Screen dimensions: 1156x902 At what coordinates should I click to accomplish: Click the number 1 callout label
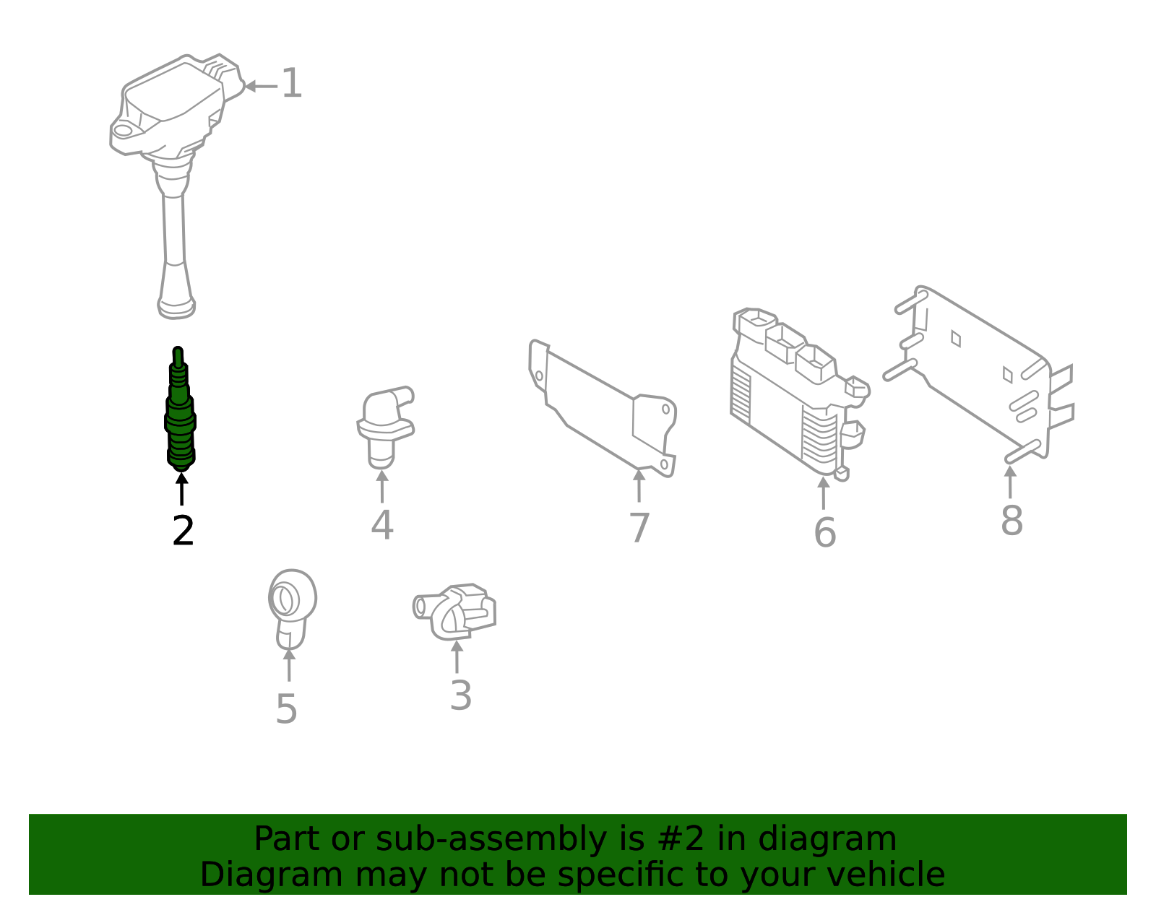click(291, 83)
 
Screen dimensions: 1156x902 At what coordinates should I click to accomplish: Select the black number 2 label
click(183, 531)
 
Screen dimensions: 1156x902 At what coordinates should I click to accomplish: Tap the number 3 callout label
click(461, 695)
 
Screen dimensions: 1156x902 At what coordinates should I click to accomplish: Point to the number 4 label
click(382, 524)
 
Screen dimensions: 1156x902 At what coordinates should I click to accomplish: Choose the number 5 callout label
click(286, 708)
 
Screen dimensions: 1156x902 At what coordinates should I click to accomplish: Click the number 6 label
click(825, 532)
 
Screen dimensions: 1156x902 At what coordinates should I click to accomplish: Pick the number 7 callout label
click(639, 527)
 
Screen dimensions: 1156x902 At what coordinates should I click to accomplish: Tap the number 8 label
click(1011, 521)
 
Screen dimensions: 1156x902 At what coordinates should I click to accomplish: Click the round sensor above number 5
click(292, 609)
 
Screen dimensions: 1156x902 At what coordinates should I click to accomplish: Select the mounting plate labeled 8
click(979, 372)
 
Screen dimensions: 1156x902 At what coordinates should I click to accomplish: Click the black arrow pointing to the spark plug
click(182, 488)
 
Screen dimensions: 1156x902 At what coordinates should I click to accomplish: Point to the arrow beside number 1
click(261, 86)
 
